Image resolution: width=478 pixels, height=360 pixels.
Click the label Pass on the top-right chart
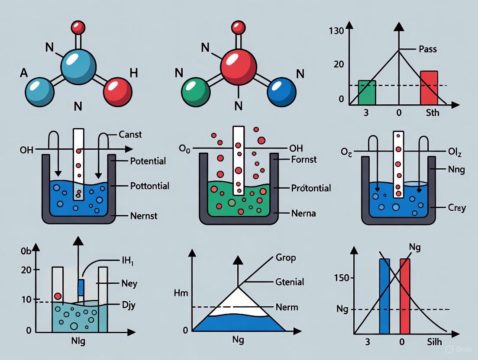pyautogui.click(x=427, y=49)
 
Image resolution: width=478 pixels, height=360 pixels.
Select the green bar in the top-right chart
pyautogui.click(x=367, y=93)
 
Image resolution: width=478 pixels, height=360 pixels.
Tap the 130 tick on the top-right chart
pyautogui.click(x=336, y=31)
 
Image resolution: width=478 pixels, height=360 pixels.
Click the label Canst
pyautogui.click(x=130, y=135)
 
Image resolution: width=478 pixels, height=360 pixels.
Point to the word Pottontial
pyautogui.click(x=149, y=186)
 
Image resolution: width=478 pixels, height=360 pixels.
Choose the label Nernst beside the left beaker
pyautogui.click(x=144, y=215)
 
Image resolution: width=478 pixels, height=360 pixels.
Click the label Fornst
pyautogui.click(x=304, y=160)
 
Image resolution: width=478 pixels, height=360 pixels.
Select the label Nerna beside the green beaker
pyautogui.click(x=304, y=213)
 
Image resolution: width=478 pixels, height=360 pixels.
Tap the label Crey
pyautogui.click(x=457, y=208)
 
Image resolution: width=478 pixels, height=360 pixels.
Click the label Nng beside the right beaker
pyautogui.click(x=456, y=169)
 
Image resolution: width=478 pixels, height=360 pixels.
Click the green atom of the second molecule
pyautogui.click(x=196, y=92)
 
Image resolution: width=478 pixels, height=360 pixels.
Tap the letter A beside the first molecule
pyautogui.click(x=24, y=73)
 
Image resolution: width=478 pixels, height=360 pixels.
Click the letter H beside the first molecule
pyautogui.click(x=134, y=73)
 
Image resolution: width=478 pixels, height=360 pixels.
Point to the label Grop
pyautogui.click(x=286, y=258)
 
